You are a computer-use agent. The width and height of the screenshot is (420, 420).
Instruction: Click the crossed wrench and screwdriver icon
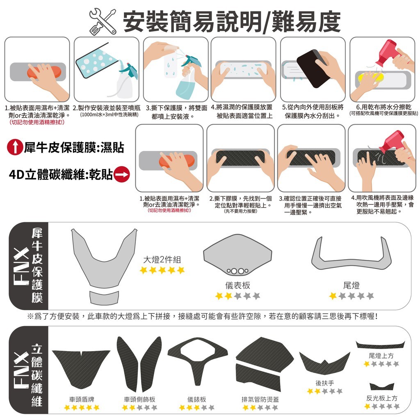click(x=103, y=22)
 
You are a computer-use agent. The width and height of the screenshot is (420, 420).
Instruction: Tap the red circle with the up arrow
click(x=15, y=147)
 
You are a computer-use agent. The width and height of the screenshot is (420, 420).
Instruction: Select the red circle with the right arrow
click(x=122, y=174)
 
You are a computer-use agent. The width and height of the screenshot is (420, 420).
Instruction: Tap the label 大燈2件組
click(x=162, y=259)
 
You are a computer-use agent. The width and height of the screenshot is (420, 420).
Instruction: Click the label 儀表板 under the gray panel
click(x=237, y=285)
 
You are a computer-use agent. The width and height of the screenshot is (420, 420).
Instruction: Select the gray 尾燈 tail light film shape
click(x=351, y=253)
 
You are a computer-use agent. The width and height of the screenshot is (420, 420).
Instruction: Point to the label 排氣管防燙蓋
click(x=260, y=399)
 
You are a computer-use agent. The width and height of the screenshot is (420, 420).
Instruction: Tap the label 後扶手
click(x=325, y=383)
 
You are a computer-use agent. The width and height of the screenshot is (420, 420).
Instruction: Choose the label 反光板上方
click(x=382, y=398)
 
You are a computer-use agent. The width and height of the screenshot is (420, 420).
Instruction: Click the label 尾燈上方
click(x=381, y=356)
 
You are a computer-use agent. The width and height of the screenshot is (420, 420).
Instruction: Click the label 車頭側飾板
click(x=139, y=399)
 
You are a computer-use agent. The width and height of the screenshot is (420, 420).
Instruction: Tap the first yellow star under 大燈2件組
click(x=144, y=270)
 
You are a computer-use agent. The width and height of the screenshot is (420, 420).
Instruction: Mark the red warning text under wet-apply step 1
click(x=37, y=122)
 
